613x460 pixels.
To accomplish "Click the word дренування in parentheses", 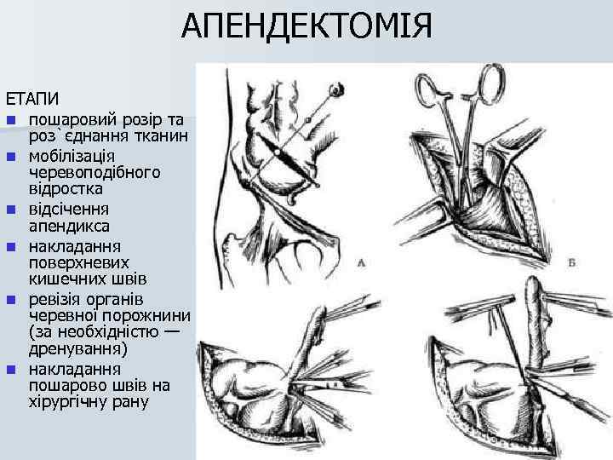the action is click(x=77, y=349).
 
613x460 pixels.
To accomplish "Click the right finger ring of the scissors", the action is click(x=491, y=82).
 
